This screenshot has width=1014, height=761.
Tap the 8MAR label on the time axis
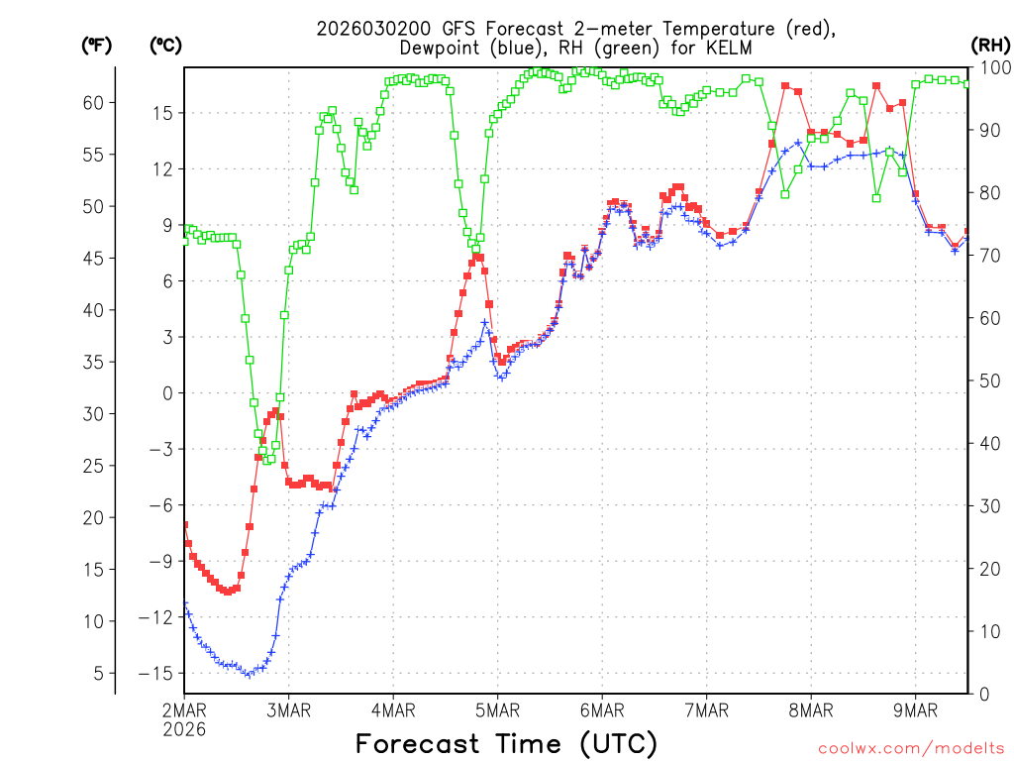(810, 709)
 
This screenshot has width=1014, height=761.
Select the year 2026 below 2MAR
(184, 729)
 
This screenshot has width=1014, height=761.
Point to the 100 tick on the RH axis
(992, 67)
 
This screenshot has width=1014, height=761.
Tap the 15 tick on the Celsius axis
(162, 113)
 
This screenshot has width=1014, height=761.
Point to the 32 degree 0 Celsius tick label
(167, 393)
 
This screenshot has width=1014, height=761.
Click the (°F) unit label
(95, 45)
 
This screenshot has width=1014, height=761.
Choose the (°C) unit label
(164, 45)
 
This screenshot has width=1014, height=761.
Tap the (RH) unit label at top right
(990, 45)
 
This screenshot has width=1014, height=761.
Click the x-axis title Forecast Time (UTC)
(506, 743)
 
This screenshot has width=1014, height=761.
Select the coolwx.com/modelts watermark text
(912, 748)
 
